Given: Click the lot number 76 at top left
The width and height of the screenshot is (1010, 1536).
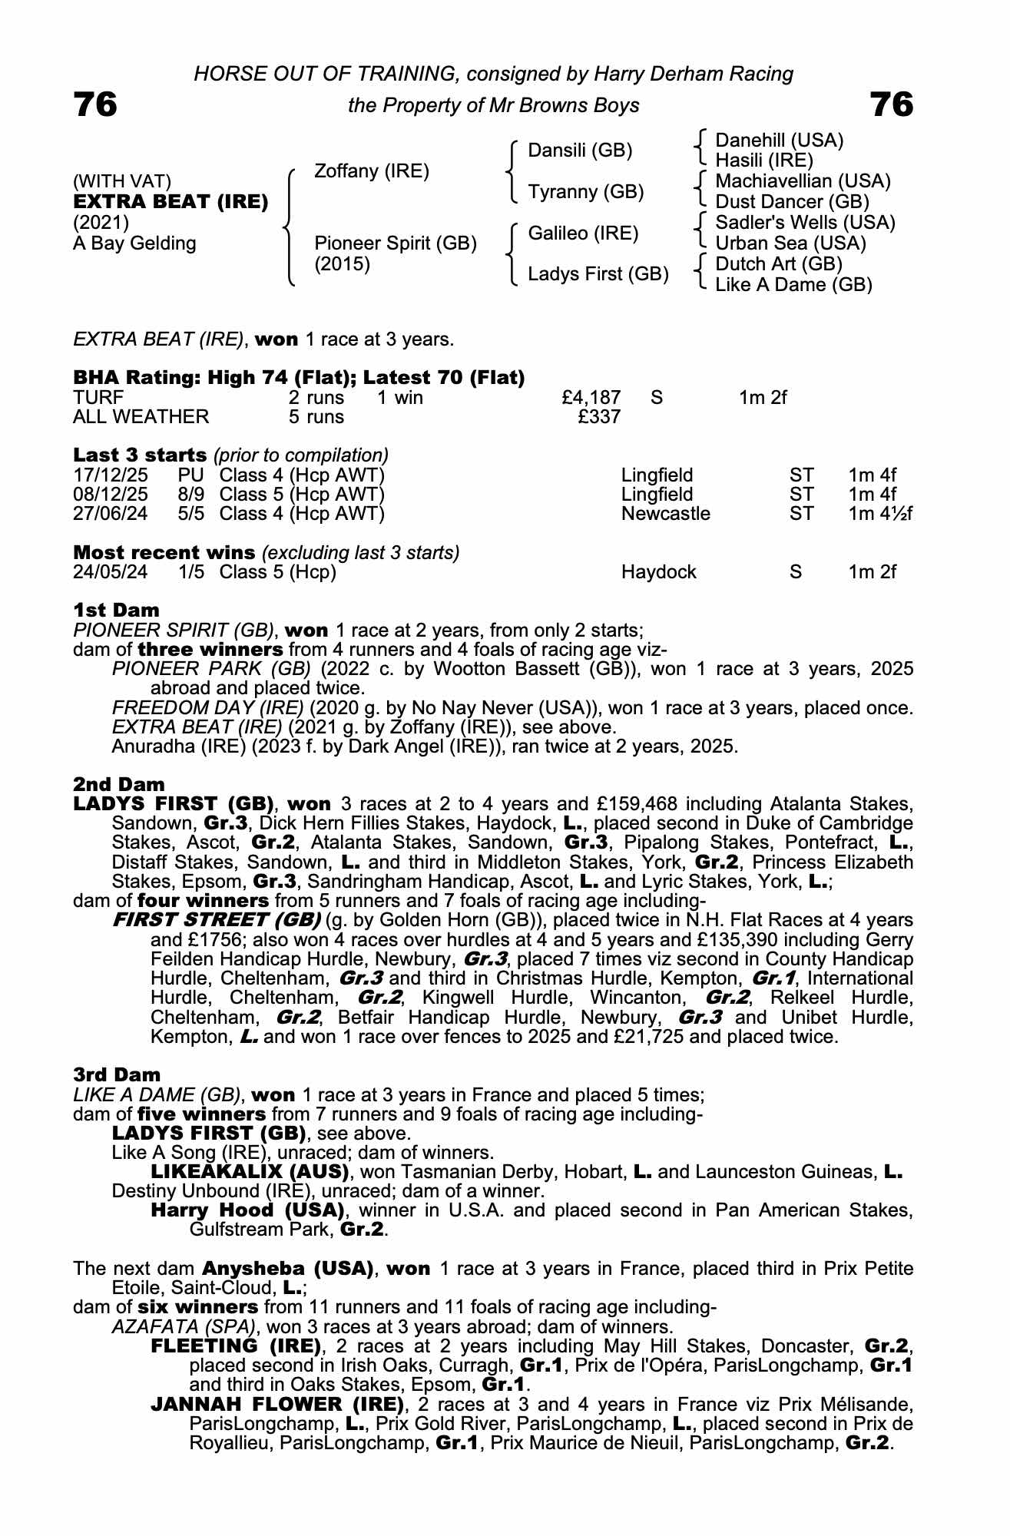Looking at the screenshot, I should pos(96,104).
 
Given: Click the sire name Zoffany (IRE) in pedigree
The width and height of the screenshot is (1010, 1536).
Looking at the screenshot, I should pos(372,170).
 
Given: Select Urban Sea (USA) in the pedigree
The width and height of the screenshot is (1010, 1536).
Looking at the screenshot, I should pos(790,243).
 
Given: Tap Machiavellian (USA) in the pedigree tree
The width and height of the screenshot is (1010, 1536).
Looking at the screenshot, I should pos(803,181).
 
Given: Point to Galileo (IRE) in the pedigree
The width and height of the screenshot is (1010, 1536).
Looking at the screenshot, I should pos(583,233).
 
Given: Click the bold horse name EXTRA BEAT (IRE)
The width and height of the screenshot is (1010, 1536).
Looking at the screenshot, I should pos(171,202).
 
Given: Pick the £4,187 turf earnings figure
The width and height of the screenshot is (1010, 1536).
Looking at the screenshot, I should pos(591,397).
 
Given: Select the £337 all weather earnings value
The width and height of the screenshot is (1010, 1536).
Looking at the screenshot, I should pos(599,416).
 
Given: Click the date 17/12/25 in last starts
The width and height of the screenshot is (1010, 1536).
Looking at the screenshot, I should pos(111,475).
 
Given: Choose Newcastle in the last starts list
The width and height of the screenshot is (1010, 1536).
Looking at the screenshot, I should pos(665,513).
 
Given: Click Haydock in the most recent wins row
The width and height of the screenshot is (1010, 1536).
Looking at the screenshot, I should pos(658,572).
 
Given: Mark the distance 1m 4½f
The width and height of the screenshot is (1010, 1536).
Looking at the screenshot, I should pos(880,513).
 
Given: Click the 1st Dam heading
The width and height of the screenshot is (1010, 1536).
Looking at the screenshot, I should pos(116,611).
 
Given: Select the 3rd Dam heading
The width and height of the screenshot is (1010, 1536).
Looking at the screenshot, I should pos(117,1075).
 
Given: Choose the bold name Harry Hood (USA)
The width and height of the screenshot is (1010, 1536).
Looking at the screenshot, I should pos(247,1210).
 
